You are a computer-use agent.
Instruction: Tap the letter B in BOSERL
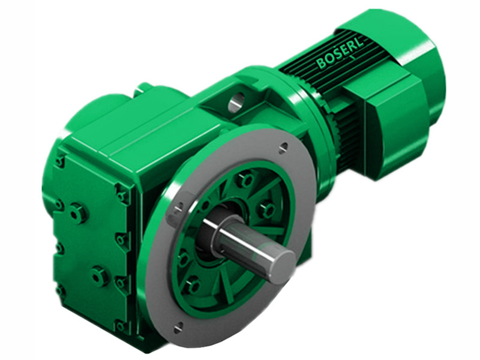(320, 63)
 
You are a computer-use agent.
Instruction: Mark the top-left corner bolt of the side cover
(60, 161)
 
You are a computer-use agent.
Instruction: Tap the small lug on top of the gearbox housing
(144, 88)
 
